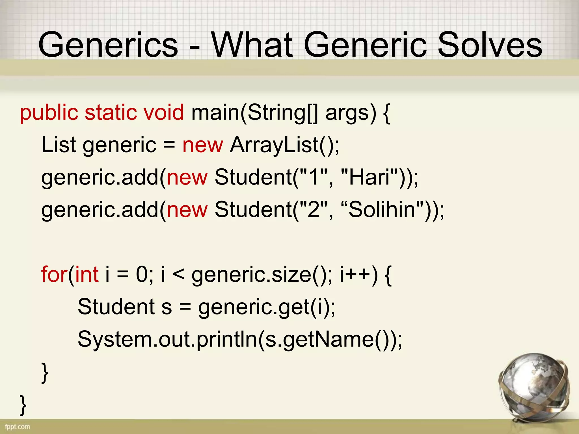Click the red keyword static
coord(111,112)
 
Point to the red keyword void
coord(164,112)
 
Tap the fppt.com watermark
coord(18,427)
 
